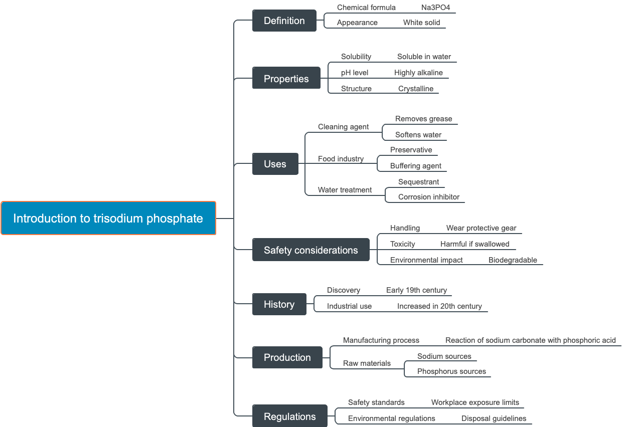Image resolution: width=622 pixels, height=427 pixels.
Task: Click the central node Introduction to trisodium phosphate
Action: point(108,219)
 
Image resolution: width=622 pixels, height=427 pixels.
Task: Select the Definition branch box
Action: point(284,21)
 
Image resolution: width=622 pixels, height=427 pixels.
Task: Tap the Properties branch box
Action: point(286,79)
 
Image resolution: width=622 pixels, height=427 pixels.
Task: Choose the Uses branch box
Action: point(275,164)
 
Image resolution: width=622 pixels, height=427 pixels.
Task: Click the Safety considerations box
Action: point(310,250)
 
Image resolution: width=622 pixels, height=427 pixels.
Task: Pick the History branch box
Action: point(279,304)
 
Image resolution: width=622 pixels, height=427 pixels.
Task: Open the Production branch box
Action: point(287,357)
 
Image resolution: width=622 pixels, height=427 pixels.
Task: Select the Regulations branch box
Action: point(289,416)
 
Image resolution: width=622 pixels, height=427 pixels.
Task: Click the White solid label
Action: point(421,23)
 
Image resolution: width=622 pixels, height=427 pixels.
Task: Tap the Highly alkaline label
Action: point(418,73)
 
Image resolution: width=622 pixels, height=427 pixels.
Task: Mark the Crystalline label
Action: point(416,89)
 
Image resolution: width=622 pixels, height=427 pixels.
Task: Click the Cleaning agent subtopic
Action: point(343,127)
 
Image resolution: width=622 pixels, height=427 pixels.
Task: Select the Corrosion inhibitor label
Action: point(429,197)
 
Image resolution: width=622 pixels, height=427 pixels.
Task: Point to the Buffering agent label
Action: point(416,166)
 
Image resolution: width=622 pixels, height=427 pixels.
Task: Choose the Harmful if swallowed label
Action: point(475,244)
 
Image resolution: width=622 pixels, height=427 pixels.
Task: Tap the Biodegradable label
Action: point(513,260)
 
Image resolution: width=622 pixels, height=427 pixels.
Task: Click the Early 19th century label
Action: point(416,290)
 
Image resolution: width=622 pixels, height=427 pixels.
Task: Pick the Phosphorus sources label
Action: point(451,371)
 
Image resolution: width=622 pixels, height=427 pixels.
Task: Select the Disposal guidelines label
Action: point(494,418)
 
